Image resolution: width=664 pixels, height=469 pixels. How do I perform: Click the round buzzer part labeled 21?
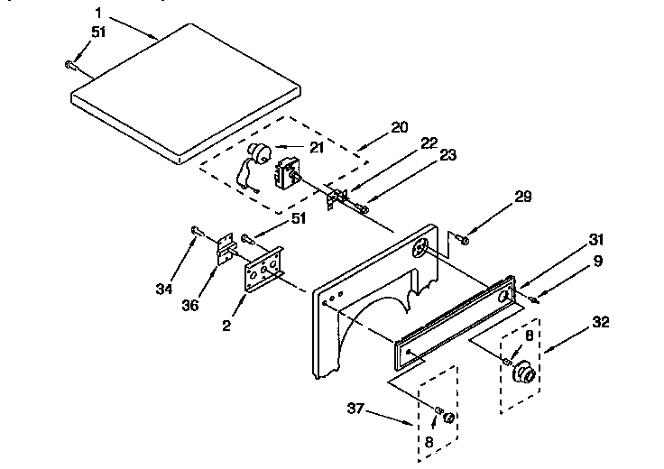pyautogui.click(x=261, y=154)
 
